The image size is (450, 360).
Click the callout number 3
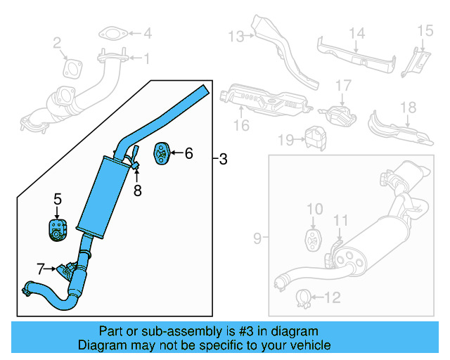click(x=223, y=160)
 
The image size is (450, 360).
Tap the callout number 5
click(x=58, y=200)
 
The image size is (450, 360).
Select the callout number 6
click(x=188, y=152)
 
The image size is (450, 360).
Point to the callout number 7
click(x=41, y=268)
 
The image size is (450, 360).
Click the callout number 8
click(x=138, y=190)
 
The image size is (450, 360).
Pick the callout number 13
click(x=235, y=35)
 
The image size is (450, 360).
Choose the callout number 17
click(x=342, y=86)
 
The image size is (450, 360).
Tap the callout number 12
click(x=332, y=298)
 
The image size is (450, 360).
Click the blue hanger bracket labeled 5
click(x=56, y=229)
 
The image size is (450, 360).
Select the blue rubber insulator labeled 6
click(x=161, y=152)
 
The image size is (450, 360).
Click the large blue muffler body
click(x=103, y=194)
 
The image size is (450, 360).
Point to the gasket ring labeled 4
click(x=111, y=32)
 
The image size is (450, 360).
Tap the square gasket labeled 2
click(x=72, y=67)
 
